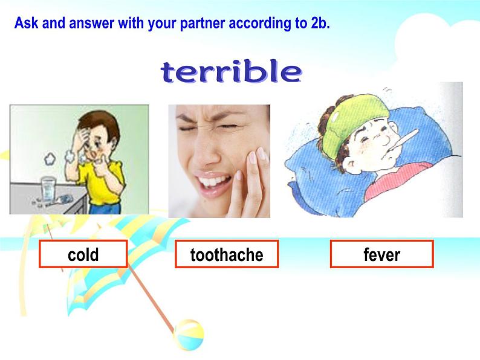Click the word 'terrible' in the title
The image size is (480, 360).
tap(230, 72)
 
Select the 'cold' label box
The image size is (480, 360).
tap(83, 254)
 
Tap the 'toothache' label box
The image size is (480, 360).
tap(227, 255)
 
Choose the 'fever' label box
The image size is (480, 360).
tap(381, 254)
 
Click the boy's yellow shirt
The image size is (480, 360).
tap(108, 182)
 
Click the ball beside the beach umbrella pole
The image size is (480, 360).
tap(187, 333)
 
